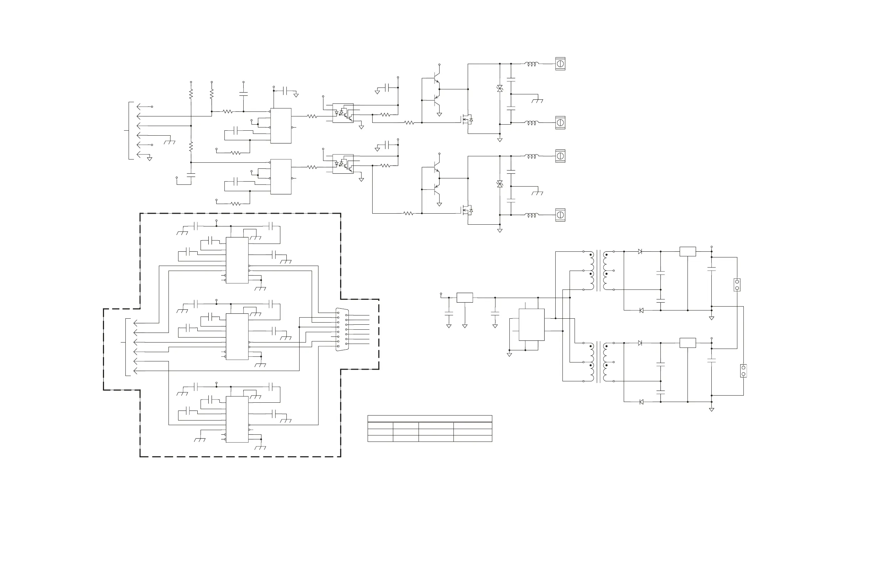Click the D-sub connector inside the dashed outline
click(342, 330)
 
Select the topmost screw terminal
click(560, 64)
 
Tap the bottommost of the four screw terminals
click(560, 215)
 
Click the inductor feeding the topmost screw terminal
click(531, 64)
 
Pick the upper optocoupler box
click(343, 113)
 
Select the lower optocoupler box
click(343, 164)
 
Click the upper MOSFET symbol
click(467, 119)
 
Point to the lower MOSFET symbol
click(467, 210)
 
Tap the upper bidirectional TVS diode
click(500, 89)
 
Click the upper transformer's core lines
click(599, 270)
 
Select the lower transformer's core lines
click(599, 362)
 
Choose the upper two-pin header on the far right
click(737, 284)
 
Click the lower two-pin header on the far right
click(743, 371)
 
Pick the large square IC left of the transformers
click(531, 324)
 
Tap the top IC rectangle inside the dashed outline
click(237, 260)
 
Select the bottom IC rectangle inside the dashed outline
click(237, 419)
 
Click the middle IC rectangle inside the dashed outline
click(237, 336)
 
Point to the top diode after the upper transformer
click(640, 252)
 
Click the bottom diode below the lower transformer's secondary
click(641, 402)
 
